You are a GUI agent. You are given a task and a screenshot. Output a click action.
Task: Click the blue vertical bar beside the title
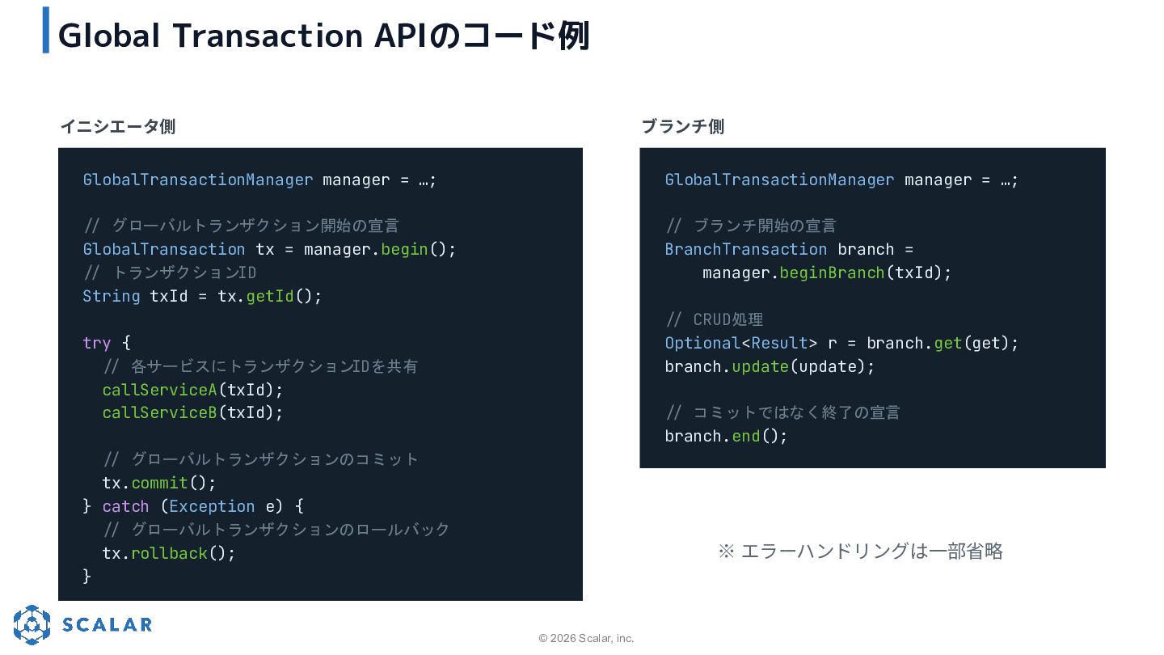(x=46, y=30)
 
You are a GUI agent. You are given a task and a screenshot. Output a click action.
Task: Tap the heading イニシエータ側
(x=118, y=126)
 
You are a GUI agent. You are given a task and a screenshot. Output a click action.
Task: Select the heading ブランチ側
(x=683, y=126)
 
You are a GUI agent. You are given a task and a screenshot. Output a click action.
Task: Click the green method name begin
(x=404, y=250)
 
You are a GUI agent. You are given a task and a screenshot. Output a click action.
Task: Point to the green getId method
(x=270, y=296)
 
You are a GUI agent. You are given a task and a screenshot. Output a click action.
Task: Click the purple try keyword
(x=97, y=343)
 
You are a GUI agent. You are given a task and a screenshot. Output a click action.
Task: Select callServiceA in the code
(x=159, y=390)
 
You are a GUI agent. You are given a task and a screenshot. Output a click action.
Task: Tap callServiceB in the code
(x=159, y=412)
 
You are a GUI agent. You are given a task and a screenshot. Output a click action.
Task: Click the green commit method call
(x=159, y=484)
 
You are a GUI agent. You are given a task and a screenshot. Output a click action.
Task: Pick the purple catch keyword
(x=125, y=506)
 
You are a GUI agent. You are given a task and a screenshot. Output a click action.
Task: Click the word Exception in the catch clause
(x=212, y=506)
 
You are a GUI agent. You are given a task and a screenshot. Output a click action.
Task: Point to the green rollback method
(x=170, y=553)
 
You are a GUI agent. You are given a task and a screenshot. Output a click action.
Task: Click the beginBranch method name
(x=832, y=273)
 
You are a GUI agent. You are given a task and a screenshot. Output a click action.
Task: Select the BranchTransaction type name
(x=745, y=250)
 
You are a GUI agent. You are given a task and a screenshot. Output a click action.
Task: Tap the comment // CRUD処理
(x=715, y=319)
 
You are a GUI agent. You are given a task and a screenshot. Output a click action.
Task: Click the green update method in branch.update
(x=760, y=367)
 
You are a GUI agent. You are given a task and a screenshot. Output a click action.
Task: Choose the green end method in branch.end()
(x=745, y=436)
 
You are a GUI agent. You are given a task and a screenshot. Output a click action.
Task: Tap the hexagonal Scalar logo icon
(x=32, y=624)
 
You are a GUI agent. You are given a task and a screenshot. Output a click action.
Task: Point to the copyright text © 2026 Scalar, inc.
(x=586, y=638)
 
